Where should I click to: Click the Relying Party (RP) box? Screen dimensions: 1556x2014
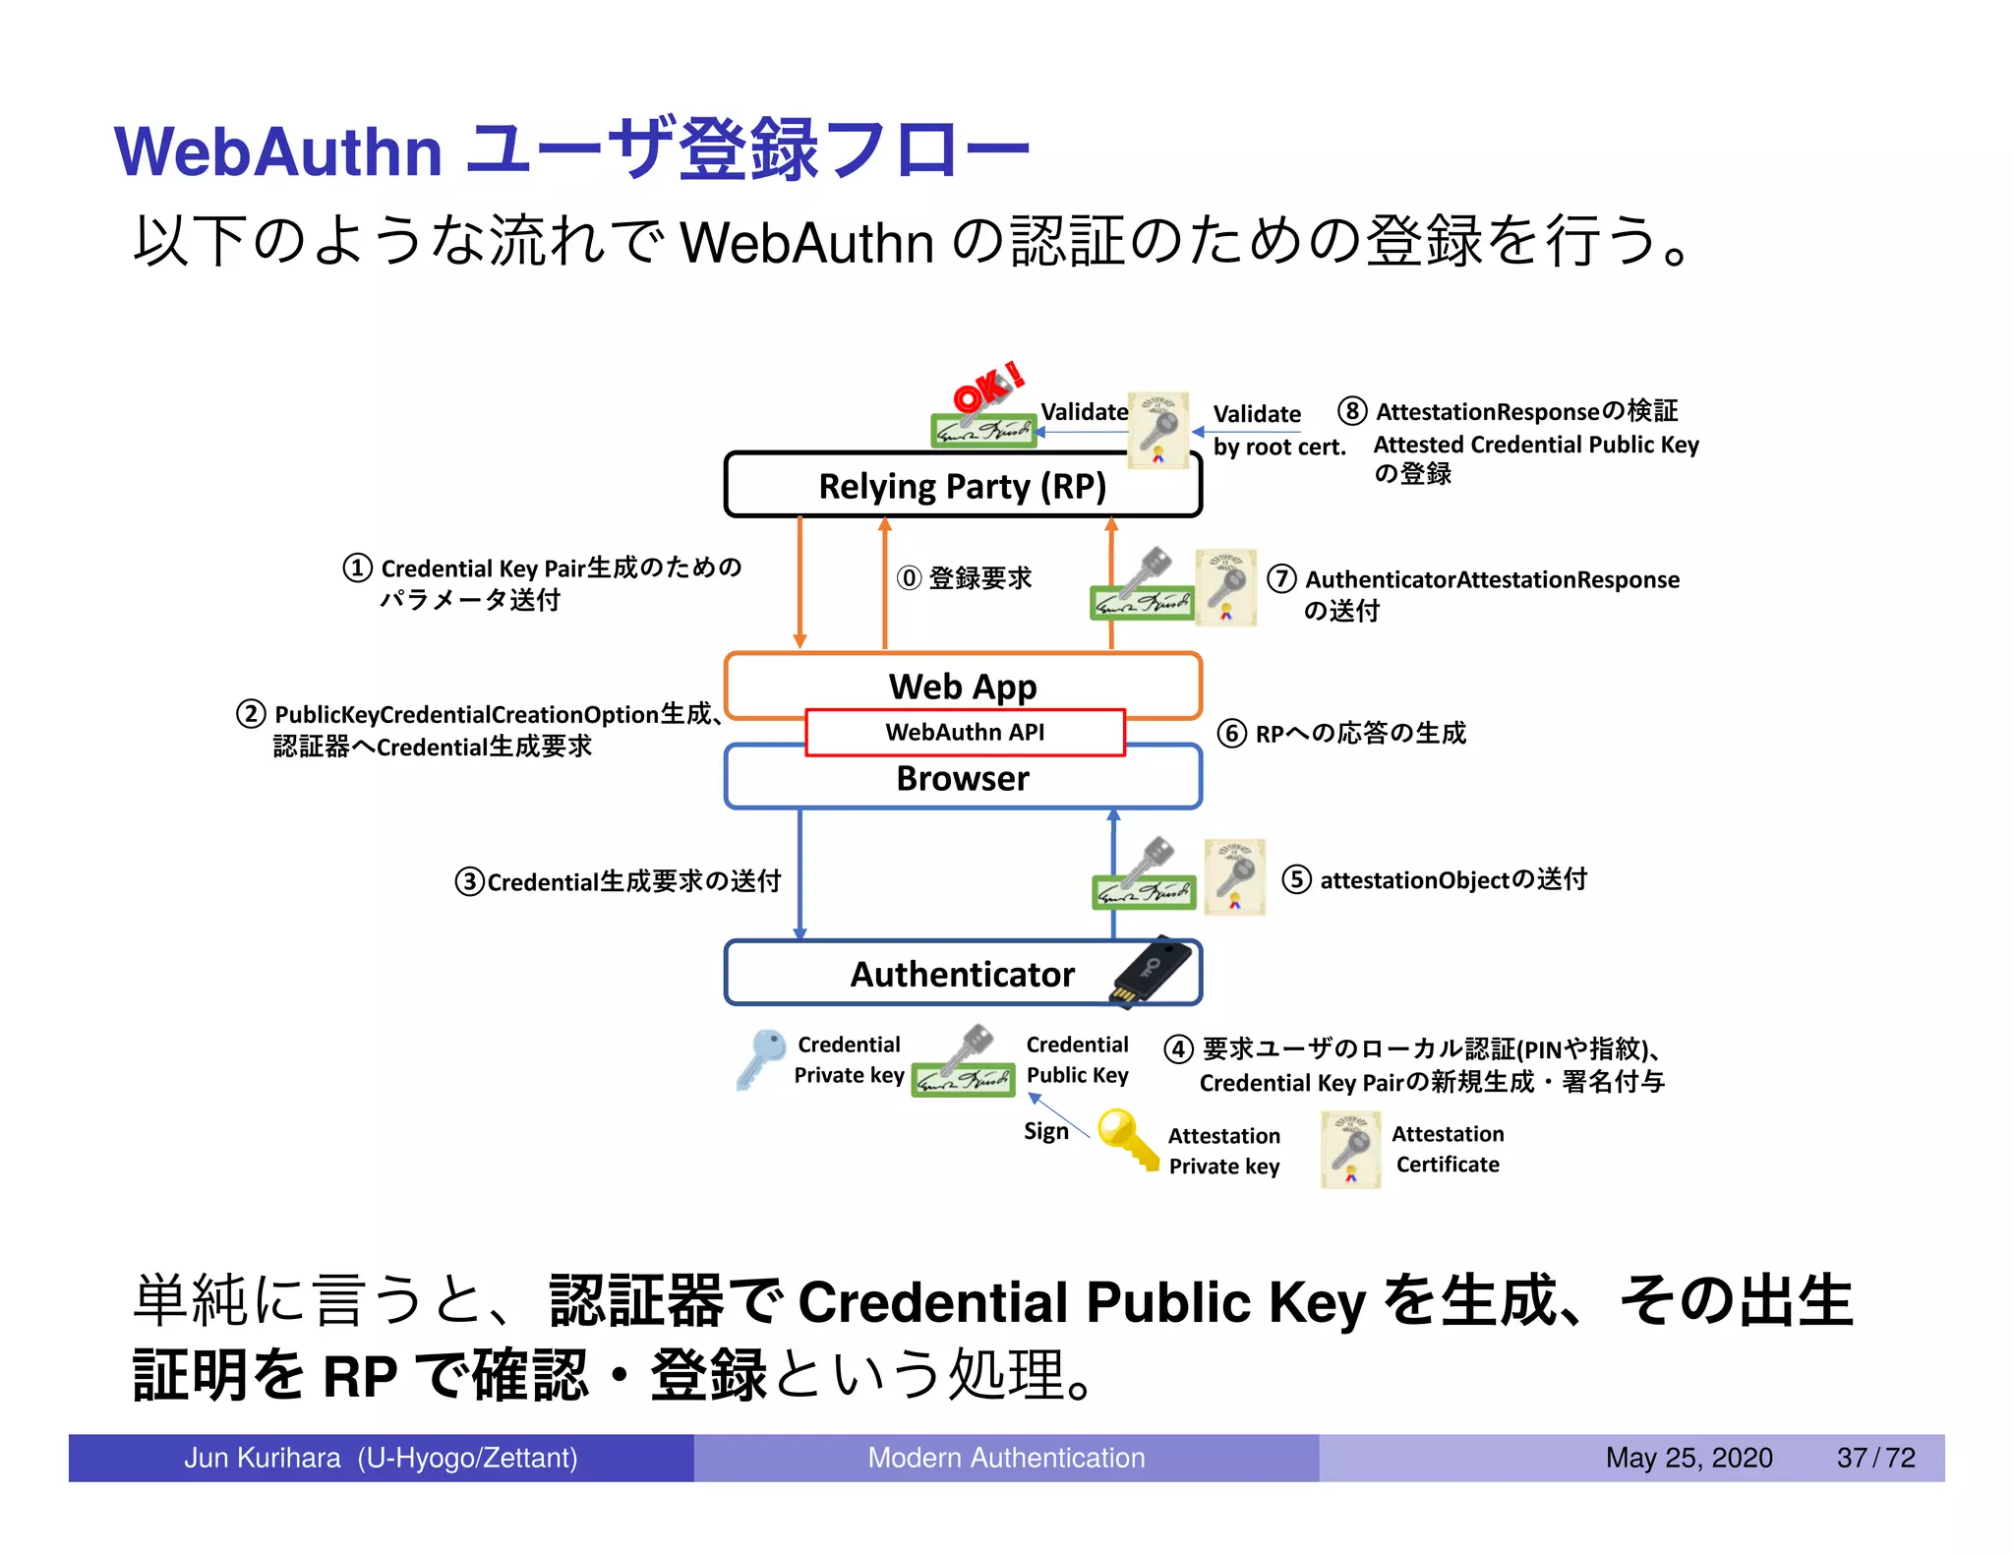click(x=962, y=486)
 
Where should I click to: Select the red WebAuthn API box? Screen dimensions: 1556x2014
click(x=964, y=732)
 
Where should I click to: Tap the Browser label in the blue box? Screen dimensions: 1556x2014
click(x=962, y=779)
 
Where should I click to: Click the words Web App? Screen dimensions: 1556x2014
click(x=962, y=686)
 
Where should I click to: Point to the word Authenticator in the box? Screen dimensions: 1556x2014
click(x=962, y=974)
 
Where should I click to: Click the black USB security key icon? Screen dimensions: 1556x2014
click(x=1154, y=971)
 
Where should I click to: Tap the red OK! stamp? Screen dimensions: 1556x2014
click(x=987, y=388)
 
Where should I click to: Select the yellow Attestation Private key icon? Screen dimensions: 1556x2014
click(x=1127, y=1139)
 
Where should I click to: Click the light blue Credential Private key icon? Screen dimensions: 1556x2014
click(x=759, y=1058)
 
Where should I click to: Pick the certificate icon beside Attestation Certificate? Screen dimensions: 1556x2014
click(x=1350, y=1149)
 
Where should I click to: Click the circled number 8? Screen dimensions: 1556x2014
click(x=1352, y=411)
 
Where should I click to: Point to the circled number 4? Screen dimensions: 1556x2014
click(x=1178, y=1049)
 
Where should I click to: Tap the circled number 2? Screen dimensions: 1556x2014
click(x=251, y=714)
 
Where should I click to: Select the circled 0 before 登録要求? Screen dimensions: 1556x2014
click(x=909, y=578)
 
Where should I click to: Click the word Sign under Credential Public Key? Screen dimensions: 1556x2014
click(x=1045, y=1131)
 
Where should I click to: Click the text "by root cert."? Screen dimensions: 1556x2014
click(x=1278, y=448)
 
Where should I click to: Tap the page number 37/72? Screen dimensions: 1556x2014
click(x=1875, y=1458)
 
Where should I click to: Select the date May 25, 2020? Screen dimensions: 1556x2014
click(x=1688, y=1458)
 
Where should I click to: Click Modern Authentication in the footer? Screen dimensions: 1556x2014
click(x=1006, y=1458)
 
